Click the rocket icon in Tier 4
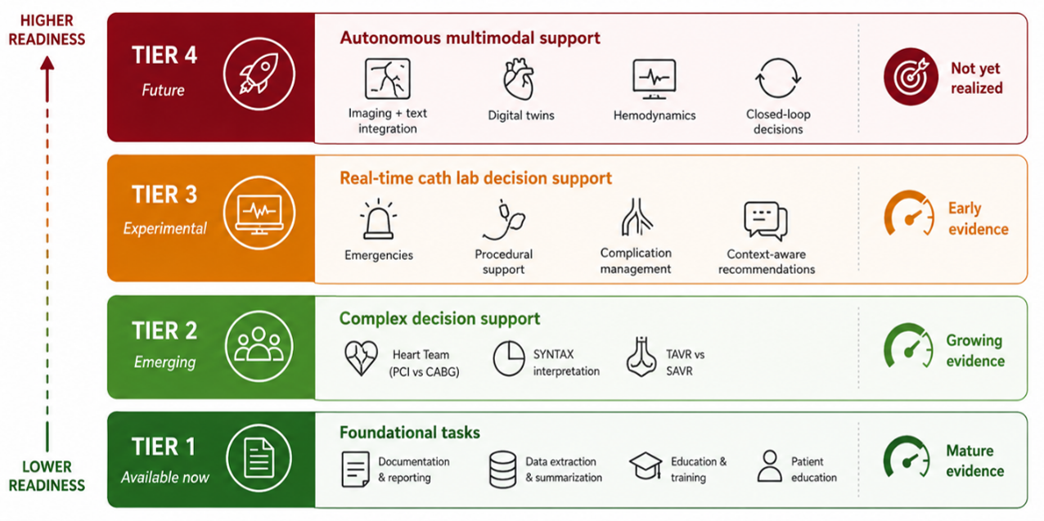(x=259, y=74)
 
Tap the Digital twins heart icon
(x=520, y=79)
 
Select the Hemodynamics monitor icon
(x=655, y=79)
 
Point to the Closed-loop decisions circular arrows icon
(x=778, y=79)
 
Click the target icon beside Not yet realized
(x=911, y=76)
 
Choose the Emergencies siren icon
(x=379, y=219)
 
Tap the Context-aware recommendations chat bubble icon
(x=766, y=221)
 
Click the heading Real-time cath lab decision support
(x=475, y=178)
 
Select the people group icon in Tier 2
(x=259, y=345)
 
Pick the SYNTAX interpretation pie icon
(x=509, y=358)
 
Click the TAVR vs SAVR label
(x=685, y=362)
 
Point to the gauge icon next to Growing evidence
(x=908, y=346)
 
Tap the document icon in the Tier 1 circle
(x=259, y=458)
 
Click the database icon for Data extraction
(x=502, y=469)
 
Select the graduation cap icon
(x=646, y=465)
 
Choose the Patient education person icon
(x=769, y=465)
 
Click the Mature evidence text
(x=975, y=461)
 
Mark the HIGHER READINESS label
(x=47, y=29)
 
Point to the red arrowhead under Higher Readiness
(x=47, y=63)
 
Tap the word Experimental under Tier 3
(x=164, y=228)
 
